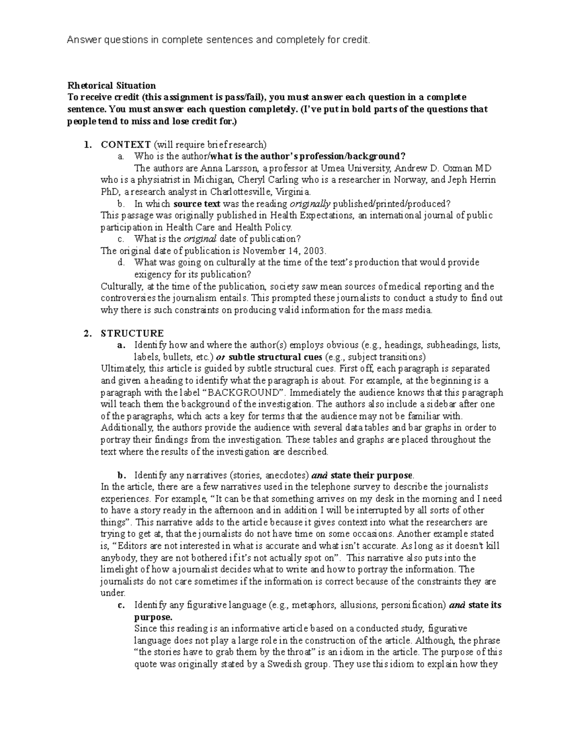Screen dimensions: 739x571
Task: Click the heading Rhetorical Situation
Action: coord(111,86)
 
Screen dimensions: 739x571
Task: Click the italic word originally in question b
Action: coord(310,204)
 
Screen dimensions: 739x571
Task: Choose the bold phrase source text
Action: coord(197,204)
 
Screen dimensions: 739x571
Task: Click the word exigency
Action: coord(152,275)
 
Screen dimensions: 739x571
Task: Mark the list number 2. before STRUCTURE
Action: coord(86,333)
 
